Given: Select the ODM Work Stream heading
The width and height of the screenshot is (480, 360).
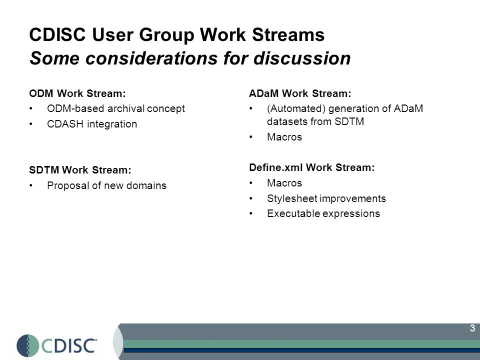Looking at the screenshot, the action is (x=77, y=93).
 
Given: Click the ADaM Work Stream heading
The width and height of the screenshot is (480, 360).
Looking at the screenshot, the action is (x=300, y=93).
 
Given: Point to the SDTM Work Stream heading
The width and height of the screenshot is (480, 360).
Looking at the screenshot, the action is (x=80, y=170).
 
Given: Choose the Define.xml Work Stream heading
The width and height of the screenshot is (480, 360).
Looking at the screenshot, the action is (x=312, y=167).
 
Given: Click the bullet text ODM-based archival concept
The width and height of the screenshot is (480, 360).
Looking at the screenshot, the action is (x=116, y=108).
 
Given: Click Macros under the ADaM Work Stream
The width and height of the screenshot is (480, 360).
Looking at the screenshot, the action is (x=284, y=137).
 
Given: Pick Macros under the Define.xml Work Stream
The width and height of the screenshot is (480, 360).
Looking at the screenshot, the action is (x=284, y=183).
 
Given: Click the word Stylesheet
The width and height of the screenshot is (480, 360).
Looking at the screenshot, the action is (x=292, y=198).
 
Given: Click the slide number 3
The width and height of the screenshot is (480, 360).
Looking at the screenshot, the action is (x=472, y=328).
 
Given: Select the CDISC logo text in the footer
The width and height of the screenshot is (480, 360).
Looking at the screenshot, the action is (x=69, y=346).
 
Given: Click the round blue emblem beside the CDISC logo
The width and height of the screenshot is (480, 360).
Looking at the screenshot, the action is (x=28, y=346).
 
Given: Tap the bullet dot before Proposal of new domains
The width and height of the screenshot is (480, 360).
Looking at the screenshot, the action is (x=31, y=185).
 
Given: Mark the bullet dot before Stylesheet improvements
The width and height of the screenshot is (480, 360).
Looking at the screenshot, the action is (x=250, y=198).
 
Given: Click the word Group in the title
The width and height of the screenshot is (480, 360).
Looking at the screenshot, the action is (x=166, y=35).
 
